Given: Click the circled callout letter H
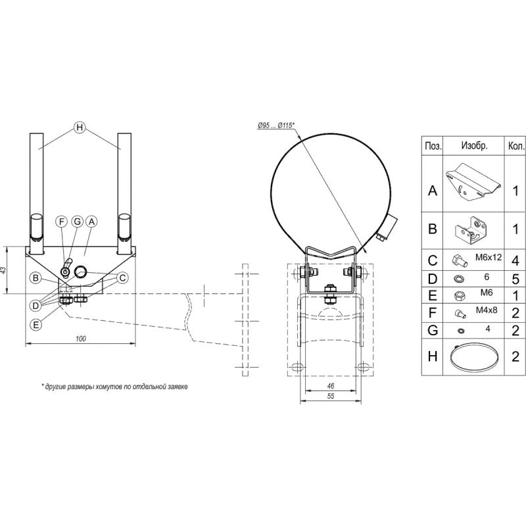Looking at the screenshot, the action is tap(80, 128).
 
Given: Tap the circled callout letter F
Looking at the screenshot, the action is tap(62, 222).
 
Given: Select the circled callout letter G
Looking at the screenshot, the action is tap(78, 222).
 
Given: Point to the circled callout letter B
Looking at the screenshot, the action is tap(36, 278).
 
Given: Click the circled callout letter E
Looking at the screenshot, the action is tap(36, 325).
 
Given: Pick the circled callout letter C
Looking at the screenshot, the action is tap(122, 277).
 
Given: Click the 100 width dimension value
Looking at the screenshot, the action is tap(80, 339).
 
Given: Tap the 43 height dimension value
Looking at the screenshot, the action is tap(3, 270).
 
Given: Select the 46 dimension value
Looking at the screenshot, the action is tap(331, 386).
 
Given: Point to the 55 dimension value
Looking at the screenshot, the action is tap(331, 396).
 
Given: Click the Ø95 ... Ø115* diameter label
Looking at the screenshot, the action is tap(275, 126).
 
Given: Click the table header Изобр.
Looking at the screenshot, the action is tap(474, 145).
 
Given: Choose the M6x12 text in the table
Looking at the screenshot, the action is tap(489, 257).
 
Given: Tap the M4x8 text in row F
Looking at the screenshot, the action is tap(487, 310).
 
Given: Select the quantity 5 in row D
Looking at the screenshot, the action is tap(515, 279).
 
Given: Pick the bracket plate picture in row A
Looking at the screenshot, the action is tap(473, 183).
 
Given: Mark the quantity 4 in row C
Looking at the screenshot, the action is tap(515, 260).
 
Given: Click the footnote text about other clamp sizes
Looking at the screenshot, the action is tap(114, 387).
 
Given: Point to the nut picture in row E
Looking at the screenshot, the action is tap(459, 296).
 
